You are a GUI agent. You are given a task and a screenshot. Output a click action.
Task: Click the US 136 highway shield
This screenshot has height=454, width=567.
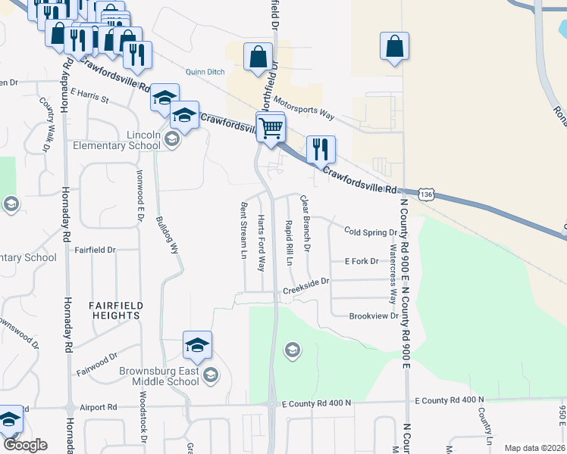click(x=427, y=195)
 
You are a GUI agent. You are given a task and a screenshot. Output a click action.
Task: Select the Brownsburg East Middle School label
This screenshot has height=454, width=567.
click(x=159, y=375)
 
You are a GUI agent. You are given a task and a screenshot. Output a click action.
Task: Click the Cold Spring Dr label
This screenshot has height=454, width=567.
click(x=370, y=232)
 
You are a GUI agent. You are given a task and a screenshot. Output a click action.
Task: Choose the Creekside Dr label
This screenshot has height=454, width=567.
click(x=306, y=285)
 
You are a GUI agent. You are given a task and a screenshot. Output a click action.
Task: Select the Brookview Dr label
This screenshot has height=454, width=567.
click(x=373, y=316)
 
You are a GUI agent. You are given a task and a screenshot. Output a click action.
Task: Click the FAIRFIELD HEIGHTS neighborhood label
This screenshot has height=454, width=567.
click(x=116, y=311)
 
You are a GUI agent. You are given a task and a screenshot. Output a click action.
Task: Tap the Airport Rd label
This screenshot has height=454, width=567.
click(x=102, y=407)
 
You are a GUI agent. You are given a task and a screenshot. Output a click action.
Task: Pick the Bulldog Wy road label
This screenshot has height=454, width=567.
click(x=172, y=234)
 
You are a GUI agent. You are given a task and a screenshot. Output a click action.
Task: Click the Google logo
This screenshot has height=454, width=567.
click(x=25, y=445)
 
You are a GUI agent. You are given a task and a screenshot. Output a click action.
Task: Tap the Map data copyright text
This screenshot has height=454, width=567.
click(x=534, y=448)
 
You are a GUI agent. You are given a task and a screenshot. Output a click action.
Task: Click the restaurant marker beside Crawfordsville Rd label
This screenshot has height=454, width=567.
click(x=321, y=149)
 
